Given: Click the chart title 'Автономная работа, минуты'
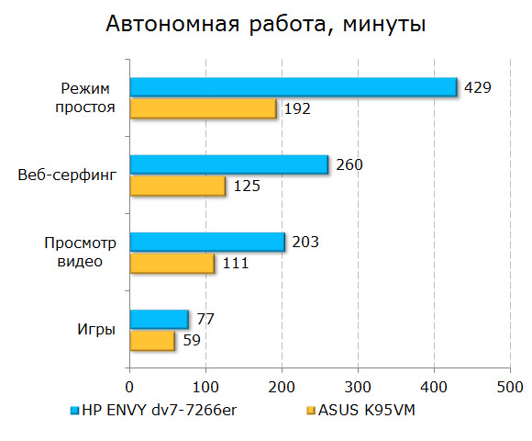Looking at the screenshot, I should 265,25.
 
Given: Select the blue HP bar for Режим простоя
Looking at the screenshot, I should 293,86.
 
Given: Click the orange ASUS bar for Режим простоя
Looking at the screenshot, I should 203,108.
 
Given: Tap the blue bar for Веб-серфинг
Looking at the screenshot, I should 228,164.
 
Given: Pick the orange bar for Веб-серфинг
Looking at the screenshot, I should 177,186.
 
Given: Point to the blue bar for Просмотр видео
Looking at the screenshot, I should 206,242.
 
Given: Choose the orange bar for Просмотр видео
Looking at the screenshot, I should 172,264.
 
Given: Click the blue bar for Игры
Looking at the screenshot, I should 159,319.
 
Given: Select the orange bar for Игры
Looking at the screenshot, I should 151,341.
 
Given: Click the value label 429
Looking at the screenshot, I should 478,87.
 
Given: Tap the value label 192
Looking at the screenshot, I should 297,108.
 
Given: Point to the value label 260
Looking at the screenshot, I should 349,165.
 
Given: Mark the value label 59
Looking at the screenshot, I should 191,341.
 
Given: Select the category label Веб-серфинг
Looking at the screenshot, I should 66,175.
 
